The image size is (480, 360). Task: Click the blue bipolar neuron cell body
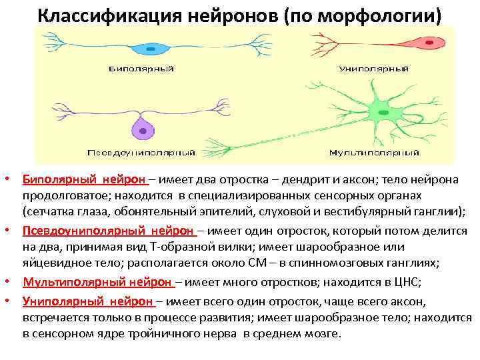[x=151, y=49]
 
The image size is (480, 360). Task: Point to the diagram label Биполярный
[x=141, y=68]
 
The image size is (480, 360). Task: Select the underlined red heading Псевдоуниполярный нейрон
[x=108, y=230]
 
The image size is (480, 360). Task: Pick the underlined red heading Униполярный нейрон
[x=87, y=301]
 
